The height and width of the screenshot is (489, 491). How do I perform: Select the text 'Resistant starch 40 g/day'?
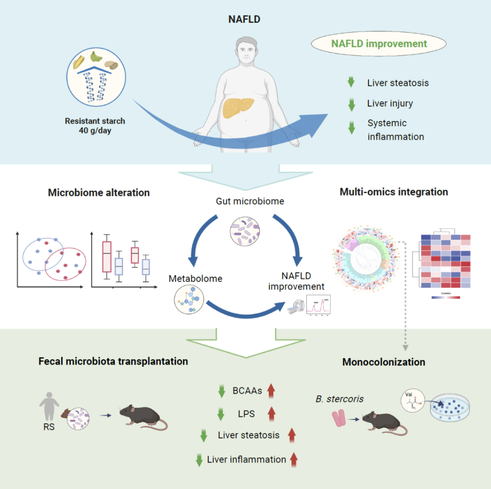pyautogui.click(x=95, y=126)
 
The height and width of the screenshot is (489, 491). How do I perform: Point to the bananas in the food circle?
pyautogui.click(x=96, y=56)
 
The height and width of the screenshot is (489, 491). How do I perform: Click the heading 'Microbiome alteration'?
pyautogui.click(x=99, y=193)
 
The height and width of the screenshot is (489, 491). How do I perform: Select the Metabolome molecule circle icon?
pyautogui.click(x=188, y=299)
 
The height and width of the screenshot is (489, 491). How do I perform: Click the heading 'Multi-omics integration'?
pyautogui.click(x=394, y=192)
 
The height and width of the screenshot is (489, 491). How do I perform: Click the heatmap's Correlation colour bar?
pyautogui.click(x=446, y=298)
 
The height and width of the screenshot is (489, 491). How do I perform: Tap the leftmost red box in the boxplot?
pyautogui.click(x=107, y=255)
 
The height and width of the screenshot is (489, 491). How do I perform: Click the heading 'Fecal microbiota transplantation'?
pyautogui.click(x=113, y=362)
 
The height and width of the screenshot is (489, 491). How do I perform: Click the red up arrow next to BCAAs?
pyautogui.click(x=271, y=390)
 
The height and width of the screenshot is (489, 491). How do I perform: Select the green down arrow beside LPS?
pyautogui.click(x=221, y=414)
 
